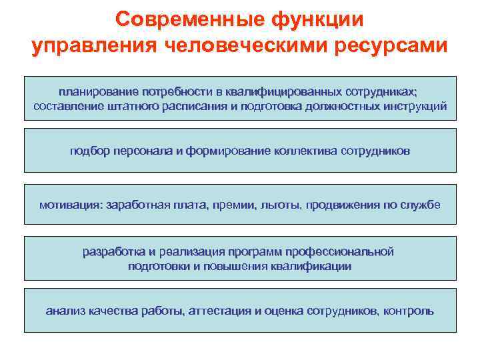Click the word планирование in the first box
98,91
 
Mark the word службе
422,205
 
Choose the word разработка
114,252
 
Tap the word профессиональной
340,252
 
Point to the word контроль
409,311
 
